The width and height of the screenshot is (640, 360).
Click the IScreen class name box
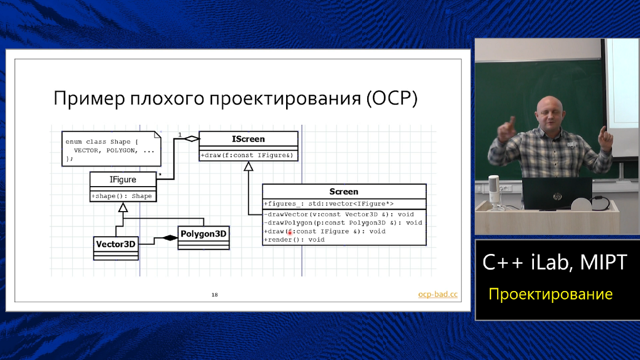(248, 139)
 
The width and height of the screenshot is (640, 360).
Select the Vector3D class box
(116, 244)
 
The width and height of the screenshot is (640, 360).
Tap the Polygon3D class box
(203, 234)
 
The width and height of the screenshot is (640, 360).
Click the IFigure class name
(123, 179)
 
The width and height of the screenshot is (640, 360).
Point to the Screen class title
(344, 191)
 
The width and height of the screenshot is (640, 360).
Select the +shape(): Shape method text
(122, 196)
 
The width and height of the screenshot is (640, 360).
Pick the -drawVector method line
(339, 214)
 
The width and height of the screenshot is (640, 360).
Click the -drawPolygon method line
(343, 223)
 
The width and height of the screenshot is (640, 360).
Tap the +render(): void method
(294, 240)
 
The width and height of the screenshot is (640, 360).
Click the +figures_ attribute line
(328, 204)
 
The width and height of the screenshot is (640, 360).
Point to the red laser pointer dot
(290, 233)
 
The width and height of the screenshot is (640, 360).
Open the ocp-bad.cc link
(438, 294)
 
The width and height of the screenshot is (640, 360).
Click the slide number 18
(215, 295)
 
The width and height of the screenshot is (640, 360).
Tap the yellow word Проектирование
(550, 294)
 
